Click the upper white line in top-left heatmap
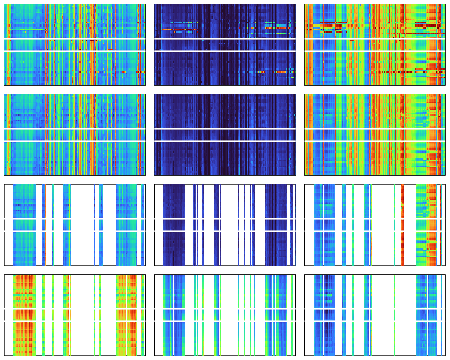click(x=75, y=39)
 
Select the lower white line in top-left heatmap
click(x=75, y=51)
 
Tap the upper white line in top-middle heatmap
click(x=225, y=39)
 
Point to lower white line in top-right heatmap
click(x=375, y=51)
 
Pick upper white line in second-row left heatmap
click(x=75, y=129)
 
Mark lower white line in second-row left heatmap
click(x=75, y=141)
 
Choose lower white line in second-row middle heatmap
click(x=225, y=141)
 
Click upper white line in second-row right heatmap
click(x=375, y=129)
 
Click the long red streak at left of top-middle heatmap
click(x=180, y=30)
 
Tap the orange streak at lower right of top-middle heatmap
click(x=282, y=72)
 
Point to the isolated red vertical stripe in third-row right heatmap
click(x=402, y=225)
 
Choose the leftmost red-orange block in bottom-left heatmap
click(x=25, y=315)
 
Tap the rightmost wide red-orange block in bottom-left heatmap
click(x=126, y=315)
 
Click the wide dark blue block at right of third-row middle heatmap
click(x=276, y=225)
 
